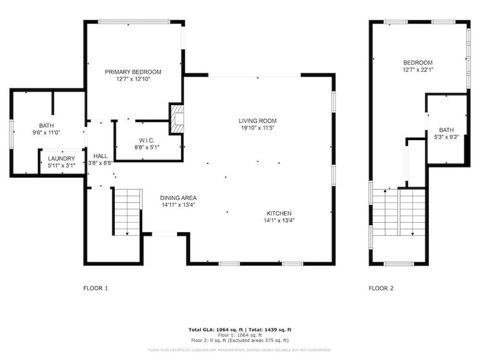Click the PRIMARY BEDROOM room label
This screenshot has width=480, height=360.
133,72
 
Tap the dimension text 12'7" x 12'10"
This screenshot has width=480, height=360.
133,79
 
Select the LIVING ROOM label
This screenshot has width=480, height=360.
258,121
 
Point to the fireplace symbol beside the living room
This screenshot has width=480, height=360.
177,118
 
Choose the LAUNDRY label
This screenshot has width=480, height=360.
62,159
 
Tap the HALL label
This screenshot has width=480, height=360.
100,156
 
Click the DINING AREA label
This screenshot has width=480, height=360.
178,198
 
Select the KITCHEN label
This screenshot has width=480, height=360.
279,213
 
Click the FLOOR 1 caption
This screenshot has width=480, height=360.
95,289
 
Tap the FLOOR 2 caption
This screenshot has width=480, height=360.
381,289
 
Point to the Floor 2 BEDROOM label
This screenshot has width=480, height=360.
418,62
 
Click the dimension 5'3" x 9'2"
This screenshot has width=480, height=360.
446,138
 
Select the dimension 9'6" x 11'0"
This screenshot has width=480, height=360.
46,133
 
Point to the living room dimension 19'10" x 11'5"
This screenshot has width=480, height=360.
258,128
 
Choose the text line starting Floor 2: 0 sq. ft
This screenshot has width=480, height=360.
239,340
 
